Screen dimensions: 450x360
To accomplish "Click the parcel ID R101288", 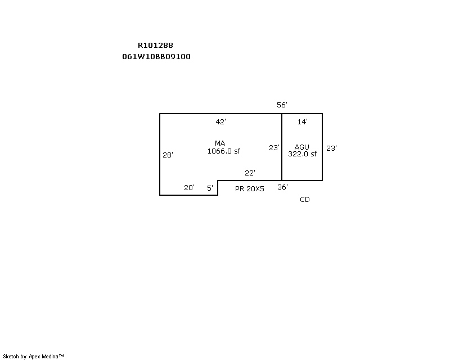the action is pos(156,46).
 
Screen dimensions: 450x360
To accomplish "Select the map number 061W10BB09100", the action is pos(156,57).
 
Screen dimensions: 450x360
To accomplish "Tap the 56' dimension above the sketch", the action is pos(282,105).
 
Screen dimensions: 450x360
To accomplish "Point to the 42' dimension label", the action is pos(220,121).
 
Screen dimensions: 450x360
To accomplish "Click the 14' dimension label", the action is pos(303,121).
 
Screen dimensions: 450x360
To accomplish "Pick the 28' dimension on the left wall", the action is pos(168,155).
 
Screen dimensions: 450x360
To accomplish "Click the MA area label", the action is pos(220,143).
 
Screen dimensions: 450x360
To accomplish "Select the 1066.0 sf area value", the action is pos(224,151).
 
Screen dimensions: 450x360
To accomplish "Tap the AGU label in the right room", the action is pos(302,147).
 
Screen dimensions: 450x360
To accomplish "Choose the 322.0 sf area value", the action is pos(303,154).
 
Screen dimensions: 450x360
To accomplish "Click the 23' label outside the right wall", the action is pos(331,148).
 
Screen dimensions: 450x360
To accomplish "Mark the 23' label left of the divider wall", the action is pos(274,147).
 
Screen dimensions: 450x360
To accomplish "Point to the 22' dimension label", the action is pos(250,173).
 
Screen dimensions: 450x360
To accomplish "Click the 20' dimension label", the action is pos(189,187).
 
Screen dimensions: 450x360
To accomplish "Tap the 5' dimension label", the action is pos(210,188).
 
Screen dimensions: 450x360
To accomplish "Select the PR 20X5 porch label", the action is pos(250,188).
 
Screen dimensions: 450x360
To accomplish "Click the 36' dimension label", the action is pos(283,187).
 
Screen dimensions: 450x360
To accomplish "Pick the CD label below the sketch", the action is pos(305,200).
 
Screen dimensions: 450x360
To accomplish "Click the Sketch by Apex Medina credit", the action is pos(33,357).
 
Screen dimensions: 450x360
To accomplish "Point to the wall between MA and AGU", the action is pos(282,147).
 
